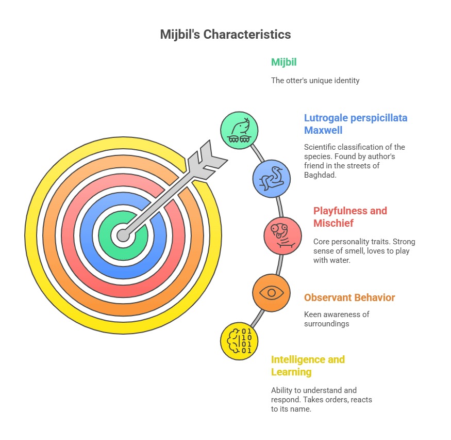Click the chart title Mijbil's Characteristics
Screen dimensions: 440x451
click(225, 35)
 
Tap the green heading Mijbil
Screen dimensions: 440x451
click(284, 62)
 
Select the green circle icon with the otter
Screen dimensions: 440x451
click(239, 130)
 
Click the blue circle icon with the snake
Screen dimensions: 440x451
click(272, 179)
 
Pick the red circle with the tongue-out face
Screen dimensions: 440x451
click(282, 235)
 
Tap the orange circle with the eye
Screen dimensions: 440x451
click(271, 293)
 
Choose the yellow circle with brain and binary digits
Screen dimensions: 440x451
click(239, 340)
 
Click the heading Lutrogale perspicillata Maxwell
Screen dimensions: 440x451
click(356, 123)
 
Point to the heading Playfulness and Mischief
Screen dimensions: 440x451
click(350, 217)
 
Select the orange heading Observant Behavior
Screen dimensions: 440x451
click(349, 297)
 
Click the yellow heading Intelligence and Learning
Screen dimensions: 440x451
click(308, 366)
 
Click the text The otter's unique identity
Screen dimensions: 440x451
click(315, 81)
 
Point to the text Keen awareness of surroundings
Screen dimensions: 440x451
click(337, 319)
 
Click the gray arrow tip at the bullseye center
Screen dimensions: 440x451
click(123, 235)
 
